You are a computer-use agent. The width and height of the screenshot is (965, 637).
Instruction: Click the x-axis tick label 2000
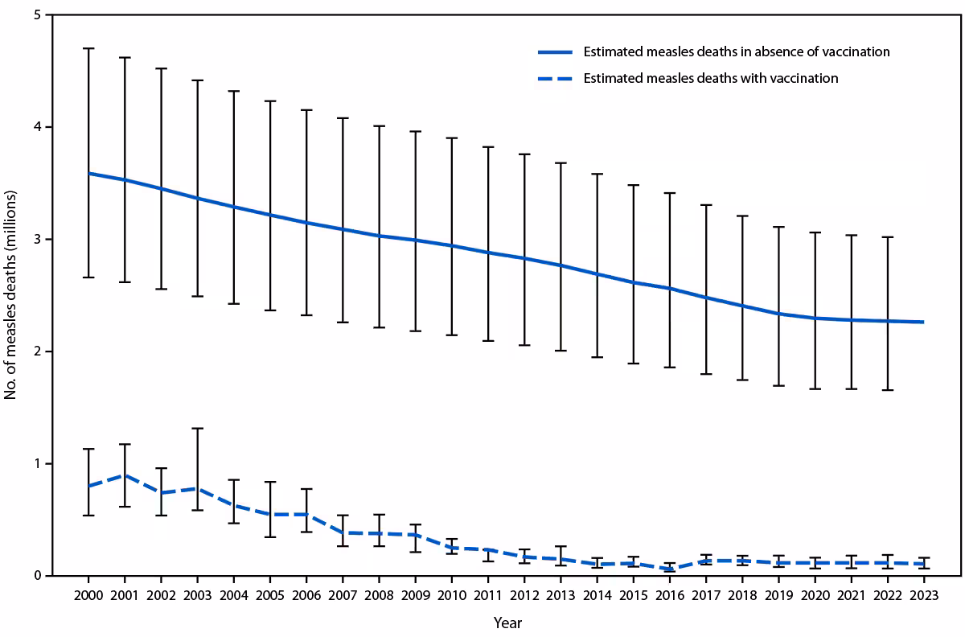[88, 595]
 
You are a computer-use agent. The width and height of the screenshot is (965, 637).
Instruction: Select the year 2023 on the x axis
[922, 595]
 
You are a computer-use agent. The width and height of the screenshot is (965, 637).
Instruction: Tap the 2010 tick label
[451, 595]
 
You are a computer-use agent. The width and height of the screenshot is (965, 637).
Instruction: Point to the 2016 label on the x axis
[669, 595]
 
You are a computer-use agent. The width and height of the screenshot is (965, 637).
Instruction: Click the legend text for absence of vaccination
[737, 51]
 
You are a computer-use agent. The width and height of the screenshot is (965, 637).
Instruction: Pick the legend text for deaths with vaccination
[711, 78]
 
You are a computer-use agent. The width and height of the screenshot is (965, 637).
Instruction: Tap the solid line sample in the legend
[555, 51]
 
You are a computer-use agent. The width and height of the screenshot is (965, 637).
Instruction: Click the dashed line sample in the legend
[555, 78]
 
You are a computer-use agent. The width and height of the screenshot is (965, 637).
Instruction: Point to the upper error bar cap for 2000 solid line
[88, 48]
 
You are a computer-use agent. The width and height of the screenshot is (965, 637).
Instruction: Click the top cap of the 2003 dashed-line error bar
[197, 428]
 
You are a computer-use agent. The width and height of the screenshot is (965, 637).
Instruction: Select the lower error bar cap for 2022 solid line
[886, 390]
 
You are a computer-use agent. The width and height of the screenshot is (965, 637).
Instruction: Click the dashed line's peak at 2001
[124, 475]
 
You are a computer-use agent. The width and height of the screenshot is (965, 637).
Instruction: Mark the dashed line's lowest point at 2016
[669, 569]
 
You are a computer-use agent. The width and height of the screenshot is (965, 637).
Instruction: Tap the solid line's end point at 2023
[922, 322]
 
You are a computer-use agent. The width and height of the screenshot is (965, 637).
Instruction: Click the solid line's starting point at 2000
[88, 173]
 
